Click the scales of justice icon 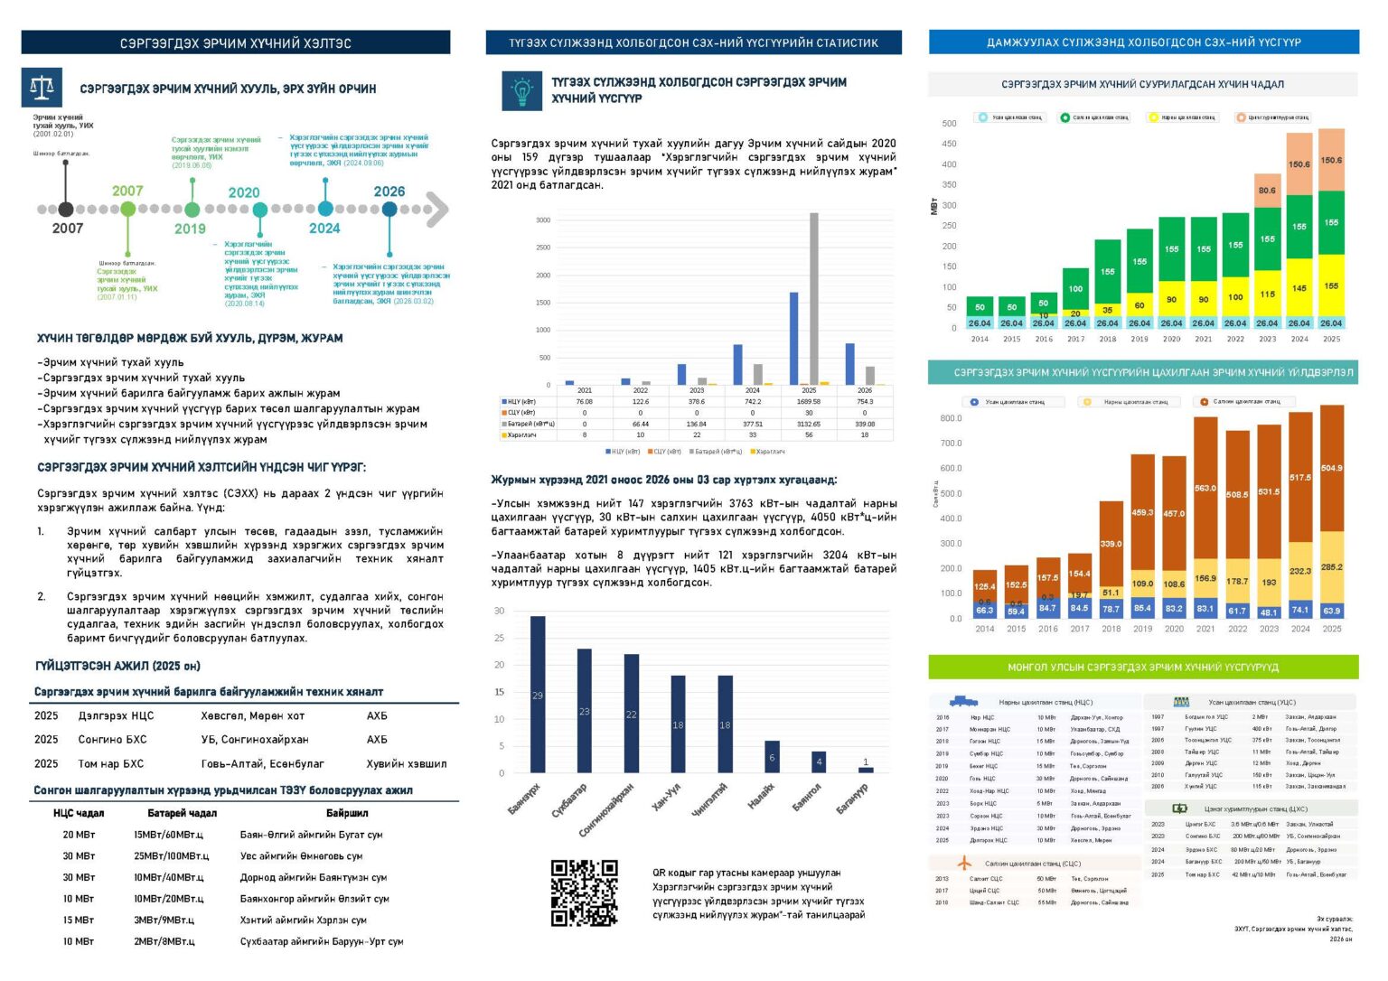click(42, 88)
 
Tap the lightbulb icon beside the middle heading click(521, 90)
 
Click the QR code click(585, 892)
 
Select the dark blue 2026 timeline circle click(389, 210)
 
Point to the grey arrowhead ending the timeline click(437, 210)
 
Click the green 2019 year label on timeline click(190, 229)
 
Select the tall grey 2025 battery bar click(814, 298)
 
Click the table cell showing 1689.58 click(808, 402)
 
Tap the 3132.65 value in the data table click(808, 424)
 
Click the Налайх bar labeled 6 click(772, 757)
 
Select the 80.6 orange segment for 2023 click(1268, 191)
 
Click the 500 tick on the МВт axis click(949, 124)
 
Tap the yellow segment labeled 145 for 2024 click(1299, 287)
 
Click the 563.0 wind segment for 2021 click(1205, 488)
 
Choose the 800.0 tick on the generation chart click(951, 418)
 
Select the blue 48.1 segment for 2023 click(1269, 612)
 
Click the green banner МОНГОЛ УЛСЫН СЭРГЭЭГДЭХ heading click(1143, 668)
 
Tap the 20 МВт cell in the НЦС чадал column click(79, 835)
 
